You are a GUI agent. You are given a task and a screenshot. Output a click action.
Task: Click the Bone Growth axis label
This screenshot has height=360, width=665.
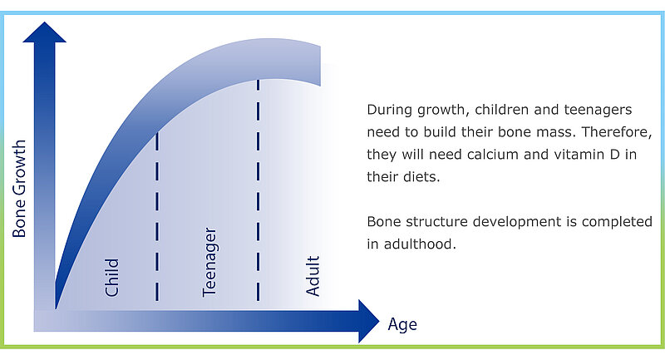click(x=19, y=188)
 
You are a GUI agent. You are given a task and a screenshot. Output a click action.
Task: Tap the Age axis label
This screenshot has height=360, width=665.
click(x=402, y=325)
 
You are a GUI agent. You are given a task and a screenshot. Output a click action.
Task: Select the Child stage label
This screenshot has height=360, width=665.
click(x=112, y=278)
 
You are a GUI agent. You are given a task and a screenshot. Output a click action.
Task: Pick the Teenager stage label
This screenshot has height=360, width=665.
click(x=209, y=262)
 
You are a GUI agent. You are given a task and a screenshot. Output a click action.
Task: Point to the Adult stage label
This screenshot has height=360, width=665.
click(x=313, y=275)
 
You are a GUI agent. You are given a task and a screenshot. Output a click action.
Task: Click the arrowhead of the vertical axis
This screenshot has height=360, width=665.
click(x=45, y=32)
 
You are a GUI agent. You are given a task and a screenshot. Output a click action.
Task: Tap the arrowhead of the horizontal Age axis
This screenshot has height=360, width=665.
click(x=368, y=321)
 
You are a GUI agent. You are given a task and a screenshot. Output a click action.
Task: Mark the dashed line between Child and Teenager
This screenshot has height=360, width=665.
click(x=157, y=217)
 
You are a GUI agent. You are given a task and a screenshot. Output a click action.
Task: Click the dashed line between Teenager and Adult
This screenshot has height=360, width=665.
click(x=258, y=190)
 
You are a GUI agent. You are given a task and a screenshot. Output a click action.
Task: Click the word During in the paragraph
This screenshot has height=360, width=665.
click(x=389, y=110)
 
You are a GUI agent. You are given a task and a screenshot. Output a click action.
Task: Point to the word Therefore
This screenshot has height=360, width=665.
click(x=616, y=132)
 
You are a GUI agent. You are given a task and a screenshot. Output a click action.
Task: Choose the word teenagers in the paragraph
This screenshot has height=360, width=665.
click(x=598, y=111)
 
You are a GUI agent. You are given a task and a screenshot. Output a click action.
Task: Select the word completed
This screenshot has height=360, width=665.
click(x=617, y=222)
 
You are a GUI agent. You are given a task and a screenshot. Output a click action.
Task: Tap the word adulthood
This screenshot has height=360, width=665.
click(x=420, y=244)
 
